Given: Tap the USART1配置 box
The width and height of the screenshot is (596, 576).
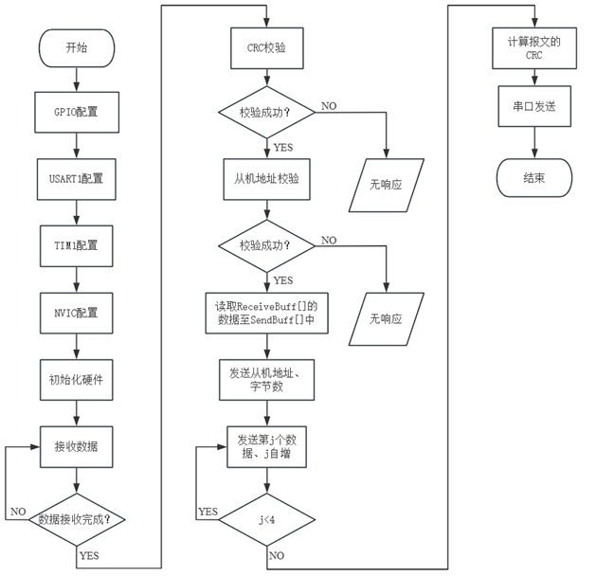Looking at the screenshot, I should click(76, 177).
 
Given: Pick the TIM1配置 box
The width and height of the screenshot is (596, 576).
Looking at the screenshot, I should click(76, 243).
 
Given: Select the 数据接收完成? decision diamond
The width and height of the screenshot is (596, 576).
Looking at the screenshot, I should click(76, 519).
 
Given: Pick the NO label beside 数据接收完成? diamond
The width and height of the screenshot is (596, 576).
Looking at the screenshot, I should click(18, 512).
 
